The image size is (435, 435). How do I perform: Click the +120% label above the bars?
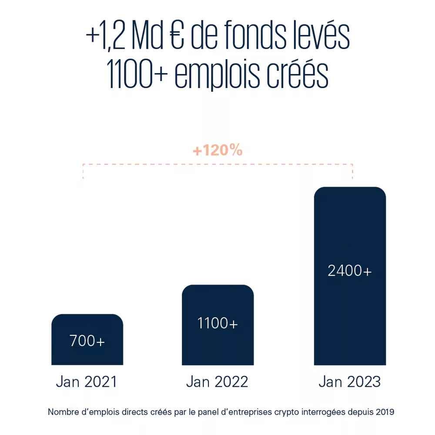[x=217, y=151]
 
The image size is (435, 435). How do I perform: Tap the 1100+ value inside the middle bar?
[x=217, y=324]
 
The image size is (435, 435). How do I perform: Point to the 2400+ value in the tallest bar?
[x=350, y=271]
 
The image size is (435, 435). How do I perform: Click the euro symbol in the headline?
[x=181, y=38]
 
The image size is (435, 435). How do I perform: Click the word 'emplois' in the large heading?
[x=216, y=77]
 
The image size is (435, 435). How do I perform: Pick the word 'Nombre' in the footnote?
[x=61, y=412]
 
